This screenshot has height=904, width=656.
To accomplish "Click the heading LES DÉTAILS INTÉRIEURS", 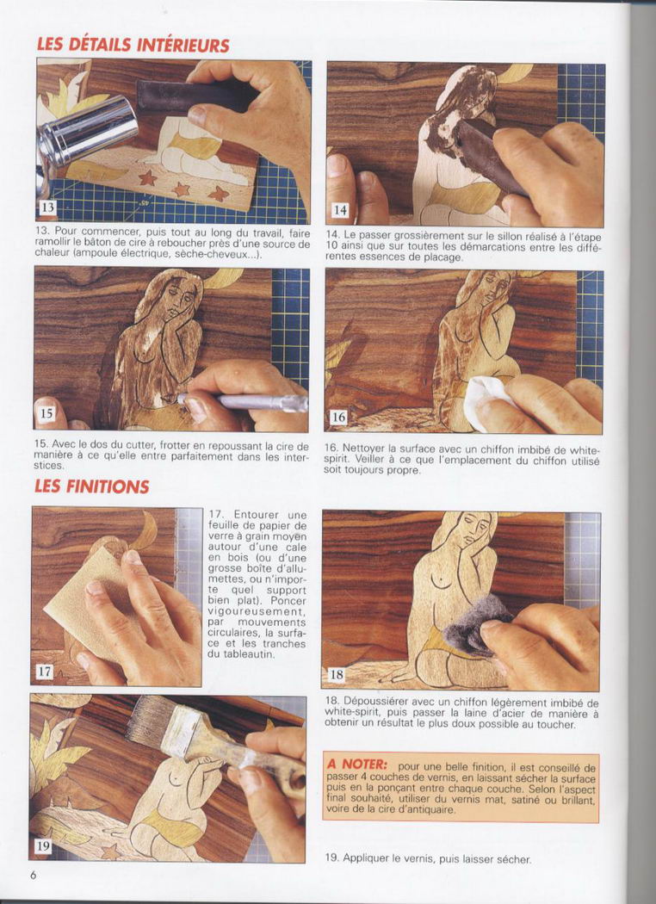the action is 133,45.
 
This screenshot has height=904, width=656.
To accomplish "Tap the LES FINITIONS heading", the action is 91,486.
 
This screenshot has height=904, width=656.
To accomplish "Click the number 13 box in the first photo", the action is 47,206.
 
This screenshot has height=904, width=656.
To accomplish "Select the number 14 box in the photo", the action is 339,210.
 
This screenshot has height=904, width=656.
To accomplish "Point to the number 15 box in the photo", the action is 46,412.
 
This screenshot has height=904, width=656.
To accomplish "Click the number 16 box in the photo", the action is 338,416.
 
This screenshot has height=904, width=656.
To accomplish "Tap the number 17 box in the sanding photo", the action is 44,671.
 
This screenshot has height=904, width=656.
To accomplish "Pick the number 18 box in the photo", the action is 336,674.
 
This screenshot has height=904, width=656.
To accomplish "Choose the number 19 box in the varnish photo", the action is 43,845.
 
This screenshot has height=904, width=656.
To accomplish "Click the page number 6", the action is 34,876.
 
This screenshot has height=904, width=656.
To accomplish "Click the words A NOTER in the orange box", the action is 356,765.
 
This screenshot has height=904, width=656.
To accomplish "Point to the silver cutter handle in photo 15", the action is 242,401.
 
